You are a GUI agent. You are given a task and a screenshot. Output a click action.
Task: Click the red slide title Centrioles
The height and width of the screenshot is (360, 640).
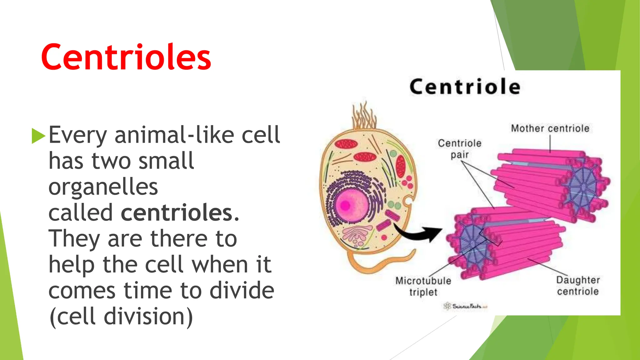tap(126, 57)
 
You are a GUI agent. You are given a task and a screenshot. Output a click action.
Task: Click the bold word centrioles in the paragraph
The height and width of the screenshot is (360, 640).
tap(177, 212)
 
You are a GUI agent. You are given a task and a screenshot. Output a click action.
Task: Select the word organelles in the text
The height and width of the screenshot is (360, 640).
tap(103, 187)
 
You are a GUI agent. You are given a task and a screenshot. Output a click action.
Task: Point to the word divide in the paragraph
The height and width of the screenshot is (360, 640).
tap(242, 290)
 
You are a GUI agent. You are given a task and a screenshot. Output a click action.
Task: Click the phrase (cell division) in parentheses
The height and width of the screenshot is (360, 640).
tap(121, 317)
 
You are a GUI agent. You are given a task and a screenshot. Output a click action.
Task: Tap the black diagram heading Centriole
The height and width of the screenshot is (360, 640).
tap(465, 87)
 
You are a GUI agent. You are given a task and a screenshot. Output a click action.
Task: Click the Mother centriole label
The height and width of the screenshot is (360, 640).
tap(550, 128)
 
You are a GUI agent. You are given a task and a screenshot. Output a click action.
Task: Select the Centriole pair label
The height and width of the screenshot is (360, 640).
tap(459, 149)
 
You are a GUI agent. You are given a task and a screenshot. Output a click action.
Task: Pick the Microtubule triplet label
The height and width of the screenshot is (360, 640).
tap(423, 286)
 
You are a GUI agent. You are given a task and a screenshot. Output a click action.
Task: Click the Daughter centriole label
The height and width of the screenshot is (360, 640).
tap(578, 286)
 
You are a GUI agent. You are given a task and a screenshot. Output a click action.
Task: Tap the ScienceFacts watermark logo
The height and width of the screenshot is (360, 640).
tap(465, 306)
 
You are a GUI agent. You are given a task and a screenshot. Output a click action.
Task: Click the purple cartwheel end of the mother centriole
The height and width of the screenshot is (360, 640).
tap(583, 187)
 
